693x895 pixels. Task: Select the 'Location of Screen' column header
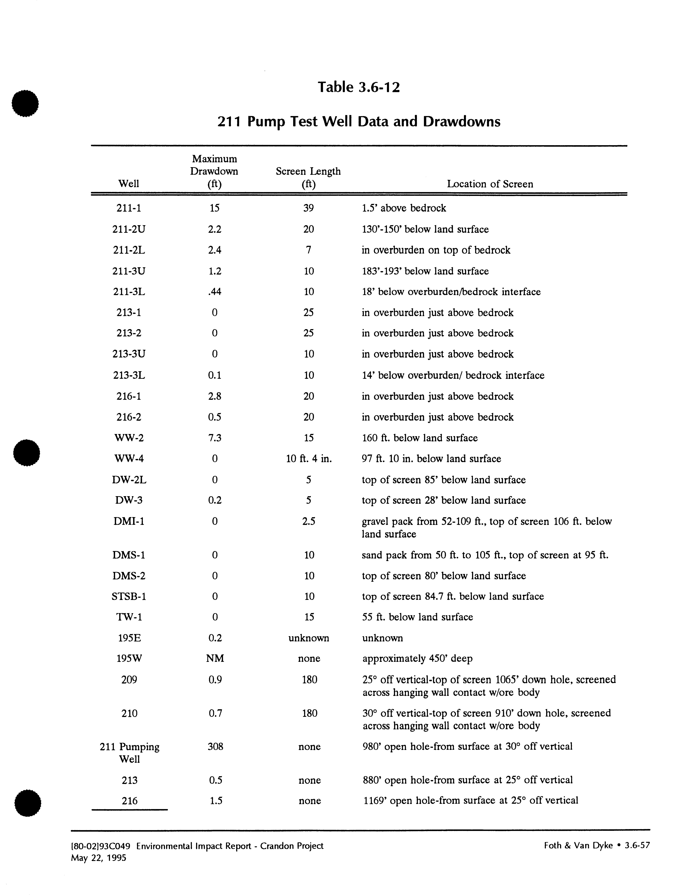[x=490, y=184]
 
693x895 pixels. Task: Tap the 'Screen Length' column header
[x=308, y=171]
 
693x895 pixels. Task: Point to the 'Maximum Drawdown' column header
[x=214, y=165]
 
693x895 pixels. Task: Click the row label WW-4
[x=129, y=458]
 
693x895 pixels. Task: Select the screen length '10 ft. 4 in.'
[x=309, y=458]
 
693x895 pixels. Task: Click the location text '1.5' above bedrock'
[x=404, y=208]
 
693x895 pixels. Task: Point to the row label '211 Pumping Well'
[x=130, y=752]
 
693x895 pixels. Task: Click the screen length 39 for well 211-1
[x=309, y=208]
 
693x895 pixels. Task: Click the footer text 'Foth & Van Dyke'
[x=578, y=845]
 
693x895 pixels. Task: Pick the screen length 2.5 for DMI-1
[x=309, y=521]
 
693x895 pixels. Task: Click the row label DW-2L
[x=129, y=480]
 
